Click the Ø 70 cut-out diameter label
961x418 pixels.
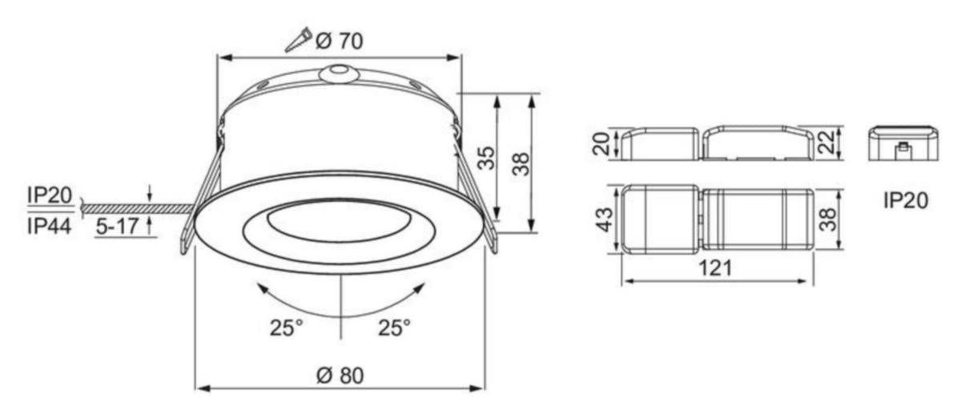click(x=339, y=40)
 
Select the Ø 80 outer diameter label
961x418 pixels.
click(x=339, y=375)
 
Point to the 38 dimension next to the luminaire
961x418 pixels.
click(x=520, y=163)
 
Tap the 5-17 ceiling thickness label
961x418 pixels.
click(x=116, y=227)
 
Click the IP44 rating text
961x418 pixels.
click(x=50, y=227)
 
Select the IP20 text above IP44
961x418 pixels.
click(x=50, y=195)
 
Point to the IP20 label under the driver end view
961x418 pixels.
click(x=906, y=200)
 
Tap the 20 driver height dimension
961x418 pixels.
click(x=601, y=144)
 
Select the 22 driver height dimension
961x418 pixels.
click(x=826, y=144)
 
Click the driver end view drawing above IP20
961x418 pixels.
click(x=902, y=143)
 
